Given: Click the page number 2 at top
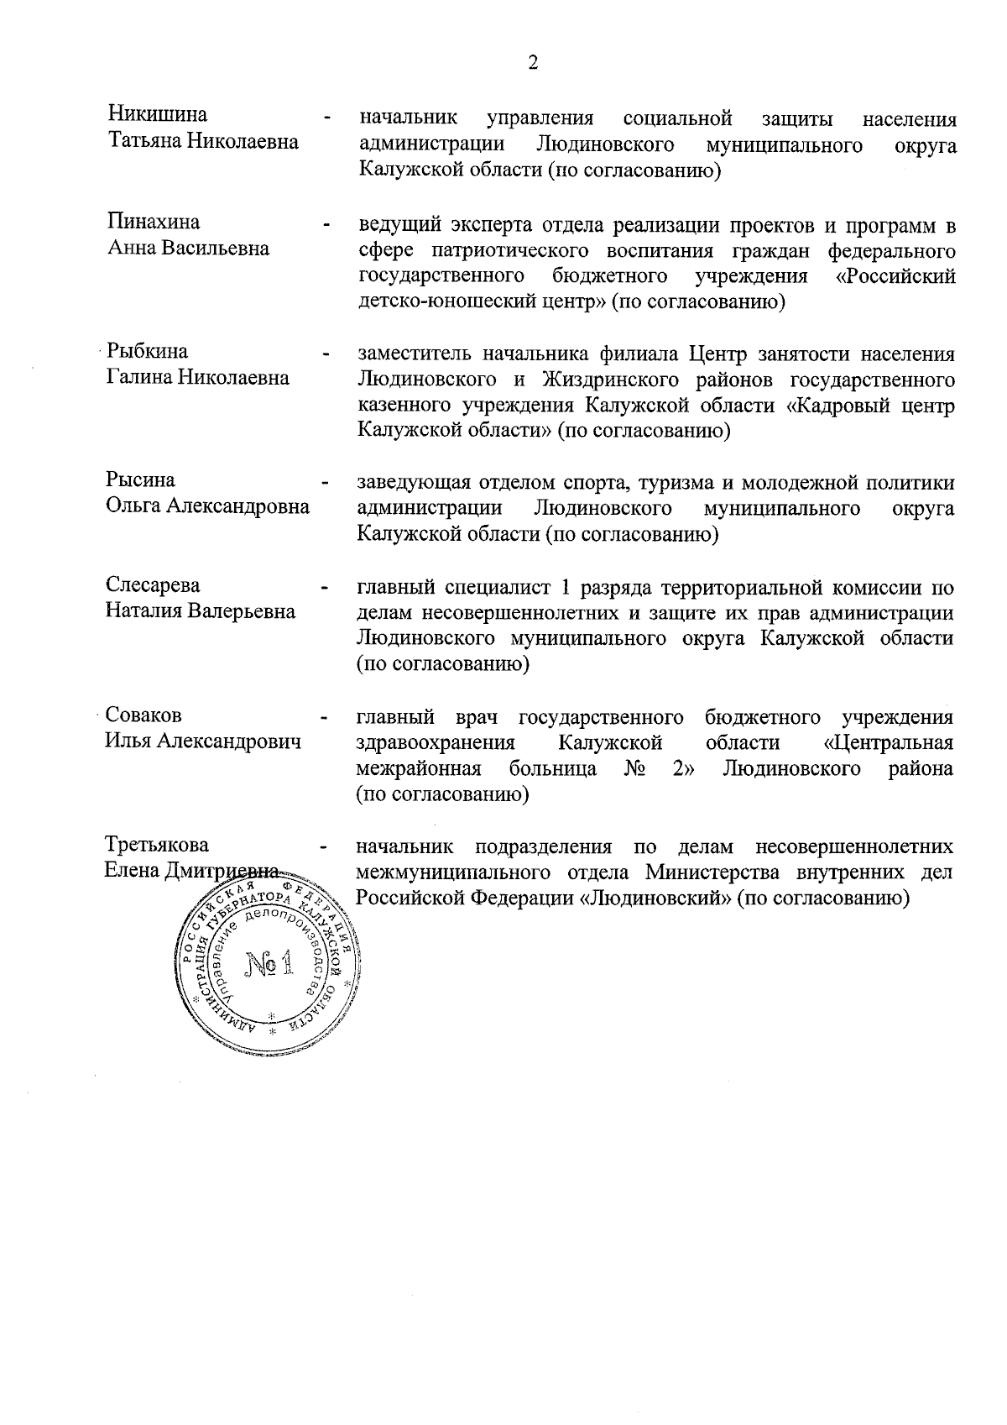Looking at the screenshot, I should pyautogui.click(x=534, y=63).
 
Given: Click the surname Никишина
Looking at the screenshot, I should pyautogui.click(x=158, y=115).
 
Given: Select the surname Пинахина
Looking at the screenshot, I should pyautogui.click(x=154, y=222).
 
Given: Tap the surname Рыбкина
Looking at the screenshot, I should pyautogui.click(x=148, y=351).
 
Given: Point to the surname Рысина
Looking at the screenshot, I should pyautogui.click(x=140, y=480).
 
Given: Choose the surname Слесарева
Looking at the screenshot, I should pyautogui.click(x=153, y=584).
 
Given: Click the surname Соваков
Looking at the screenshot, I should pyautogui.click(x=144, y=715).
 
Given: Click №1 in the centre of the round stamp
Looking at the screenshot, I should pyautogui.click(x=269, y=965).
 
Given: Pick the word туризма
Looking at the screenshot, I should pyautogui.click(x=675, y=483).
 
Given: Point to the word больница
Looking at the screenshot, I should pyautogui.click(x=553, y=769).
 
